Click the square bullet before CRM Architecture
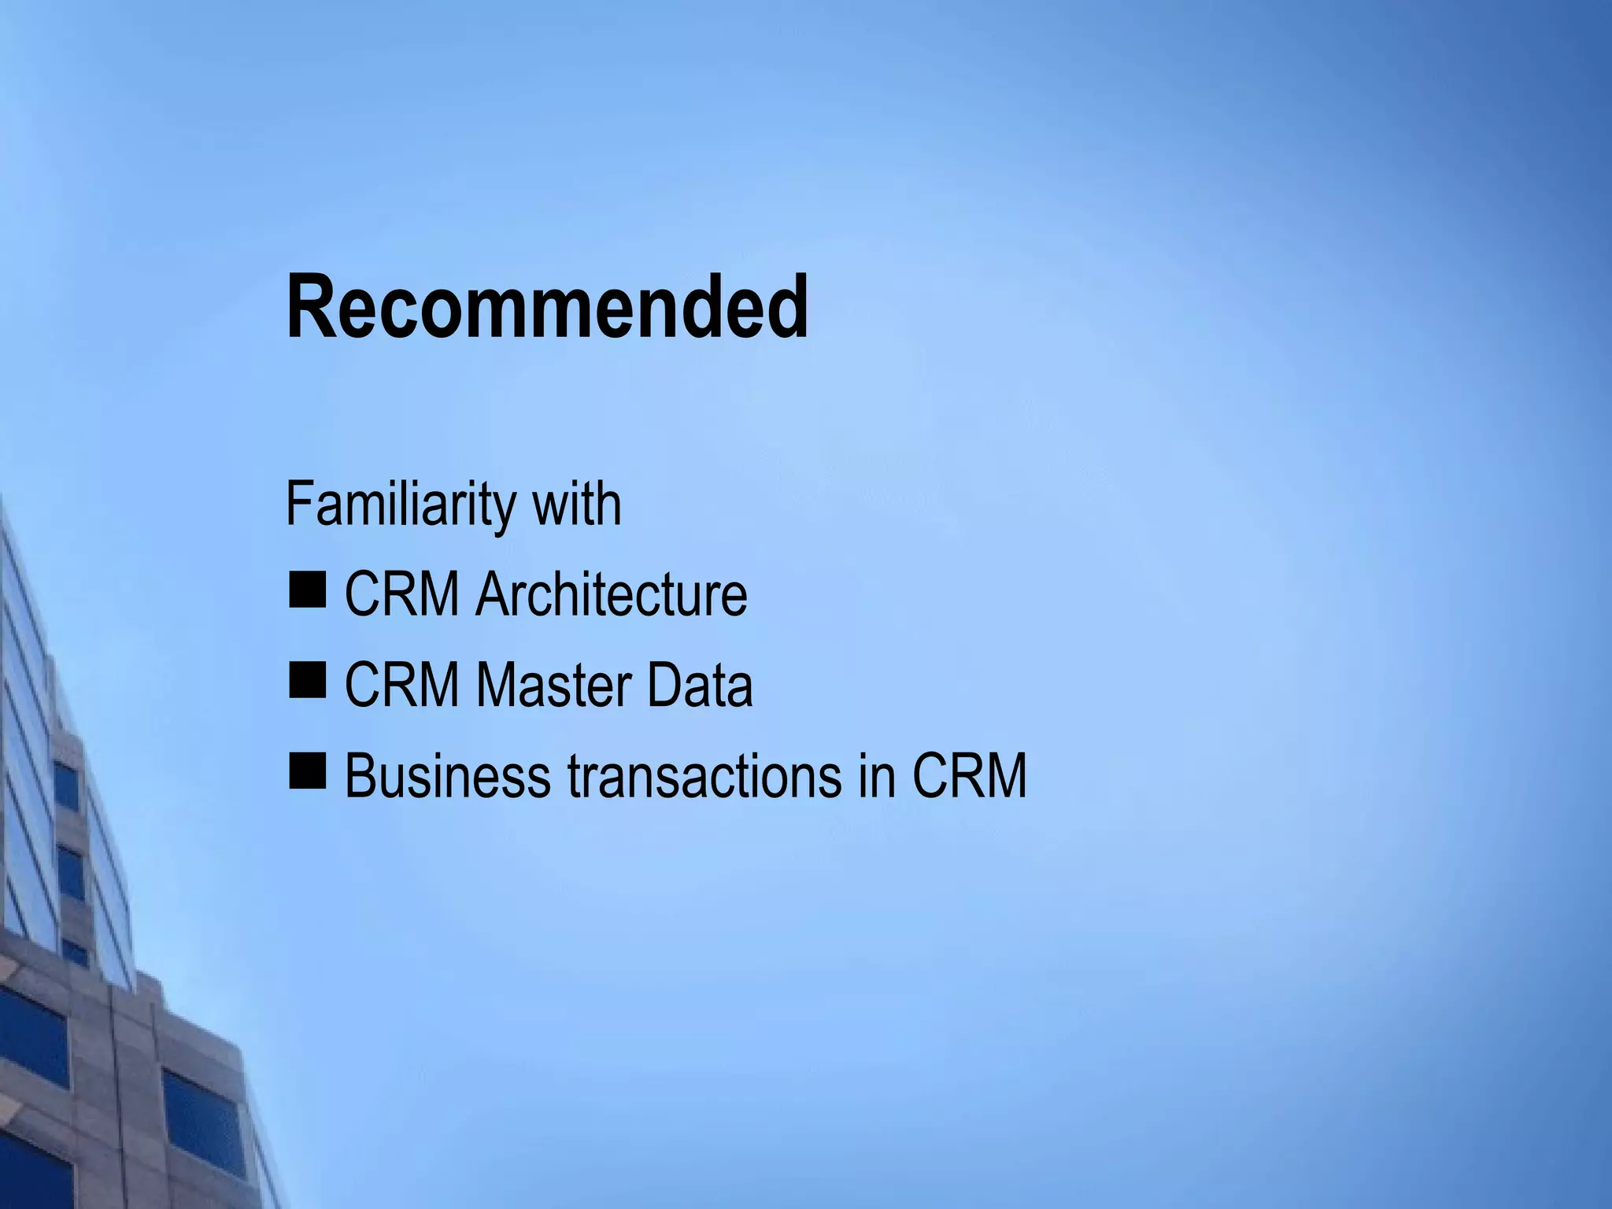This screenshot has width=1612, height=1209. coord(306,590)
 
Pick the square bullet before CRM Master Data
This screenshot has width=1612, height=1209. coord(306,681)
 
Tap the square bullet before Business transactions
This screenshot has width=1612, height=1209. coord(306,771)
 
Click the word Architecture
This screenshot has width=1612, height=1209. coord(611,594)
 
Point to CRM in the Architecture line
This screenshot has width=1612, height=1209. coord(402,594)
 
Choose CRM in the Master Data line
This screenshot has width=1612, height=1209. coord(402,685)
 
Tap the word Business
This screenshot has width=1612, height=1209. coord(447,775)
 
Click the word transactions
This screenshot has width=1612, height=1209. coord(703,775)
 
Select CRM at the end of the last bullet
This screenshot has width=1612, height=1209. coord(969,775)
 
